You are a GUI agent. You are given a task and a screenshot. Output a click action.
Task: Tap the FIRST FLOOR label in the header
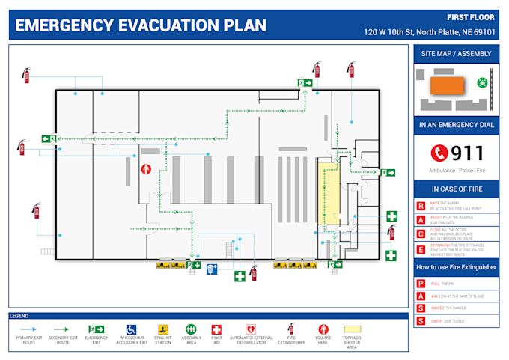pos(471,17)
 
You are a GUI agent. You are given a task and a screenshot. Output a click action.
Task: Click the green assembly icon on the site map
pos(482,83)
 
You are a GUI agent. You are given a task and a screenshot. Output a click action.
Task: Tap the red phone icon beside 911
pos(439,153)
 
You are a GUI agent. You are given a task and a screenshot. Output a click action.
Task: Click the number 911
pos(468,153)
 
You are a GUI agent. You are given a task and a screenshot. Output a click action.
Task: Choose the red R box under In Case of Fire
pos(421,206)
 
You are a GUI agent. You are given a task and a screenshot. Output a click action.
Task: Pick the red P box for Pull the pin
pos(421,284)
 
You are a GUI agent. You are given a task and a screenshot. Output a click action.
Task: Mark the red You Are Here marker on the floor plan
pos(147,169)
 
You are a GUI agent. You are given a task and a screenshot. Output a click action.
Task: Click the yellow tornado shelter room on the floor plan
pos(330,195)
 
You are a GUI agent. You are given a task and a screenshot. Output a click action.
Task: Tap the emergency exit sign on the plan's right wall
pos(386,173)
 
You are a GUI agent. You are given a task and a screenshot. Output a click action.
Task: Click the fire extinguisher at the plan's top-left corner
pos(27,74)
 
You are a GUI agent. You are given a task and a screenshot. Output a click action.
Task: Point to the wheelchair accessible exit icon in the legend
pos(131,329)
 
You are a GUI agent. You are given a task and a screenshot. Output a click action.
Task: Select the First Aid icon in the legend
pos(216,329)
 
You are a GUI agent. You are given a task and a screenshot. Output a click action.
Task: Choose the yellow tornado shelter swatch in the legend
pos(352,329)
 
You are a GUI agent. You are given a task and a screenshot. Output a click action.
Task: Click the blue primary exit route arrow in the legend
pos(28,329)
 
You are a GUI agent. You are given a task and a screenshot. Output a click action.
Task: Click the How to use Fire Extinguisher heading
pos(456,267)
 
